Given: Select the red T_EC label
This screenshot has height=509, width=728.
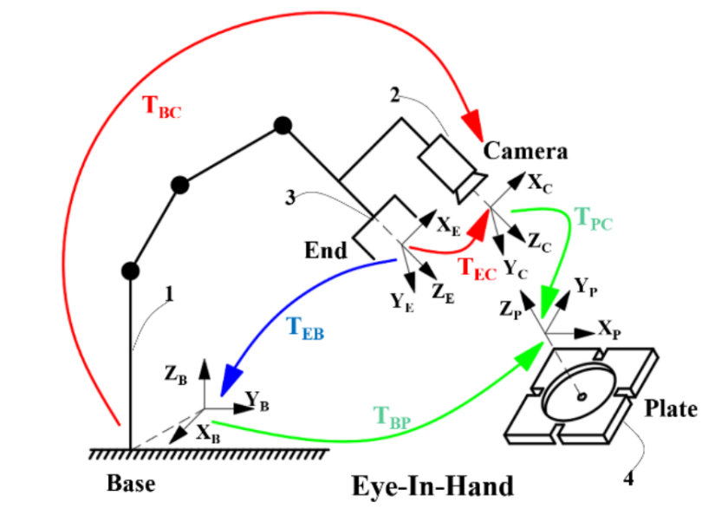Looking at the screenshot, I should coord(478,270).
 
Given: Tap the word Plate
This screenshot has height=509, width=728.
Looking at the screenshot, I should coord(671,408).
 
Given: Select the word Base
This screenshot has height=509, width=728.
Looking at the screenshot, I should coord(131,481).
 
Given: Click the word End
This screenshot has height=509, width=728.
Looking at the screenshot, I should coord(326,251).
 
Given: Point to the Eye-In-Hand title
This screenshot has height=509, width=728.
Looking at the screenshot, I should coord(432,484).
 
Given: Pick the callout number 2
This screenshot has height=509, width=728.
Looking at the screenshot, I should coord(394,95).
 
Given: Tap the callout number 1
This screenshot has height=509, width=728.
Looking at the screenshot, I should coord(169,295).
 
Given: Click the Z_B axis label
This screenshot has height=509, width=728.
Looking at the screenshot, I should coord(176,375).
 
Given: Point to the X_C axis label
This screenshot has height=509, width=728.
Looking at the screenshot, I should coord(540,184).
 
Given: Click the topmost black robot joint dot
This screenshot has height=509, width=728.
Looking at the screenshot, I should coord(282,126).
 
